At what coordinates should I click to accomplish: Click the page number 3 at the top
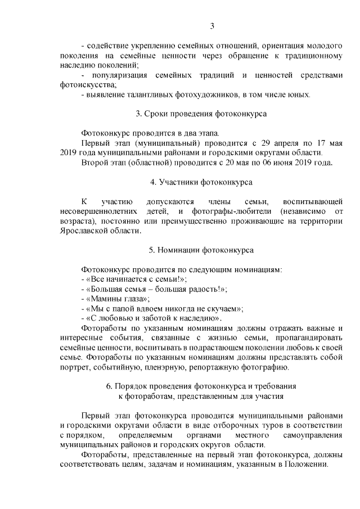212,25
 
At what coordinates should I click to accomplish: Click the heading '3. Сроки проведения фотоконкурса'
201,114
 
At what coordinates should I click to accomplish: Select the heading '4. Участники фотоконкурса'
201,182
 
